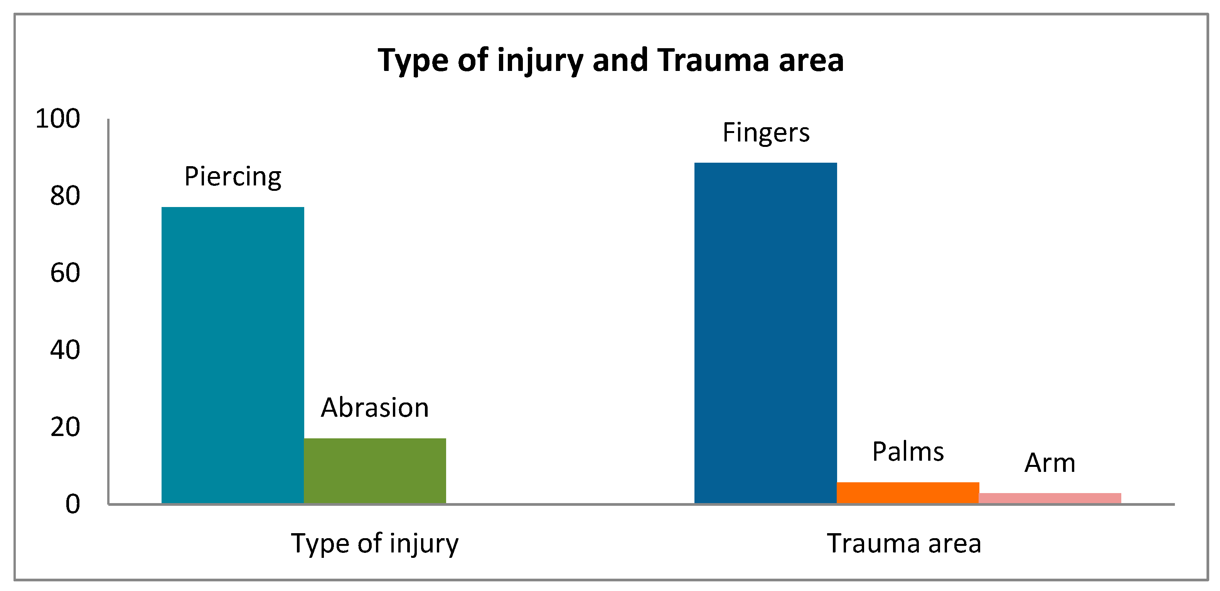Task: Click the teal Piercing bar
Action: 233,355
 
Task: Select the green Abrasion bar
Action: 375,471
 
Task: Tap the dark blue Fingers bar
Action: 765,333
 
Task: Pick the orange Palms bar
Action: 908,493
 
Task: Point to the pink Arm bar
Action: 1050,498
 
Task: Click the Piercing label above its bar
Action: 233,177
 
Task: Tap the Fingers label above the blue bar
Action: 766,133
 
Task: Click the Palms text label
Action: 908,451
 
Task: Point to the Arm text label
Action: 1050,463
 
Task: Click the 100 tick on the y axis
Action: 58,118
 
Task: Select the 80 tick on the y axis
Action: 65,195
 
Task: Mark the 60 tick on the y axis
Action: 65,273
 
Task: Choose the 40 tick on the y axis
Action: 65,350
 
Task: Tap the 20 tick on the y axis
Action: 65,427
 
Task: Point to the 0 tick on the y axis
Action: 72,504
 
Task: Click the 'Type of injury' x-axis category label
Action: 375,544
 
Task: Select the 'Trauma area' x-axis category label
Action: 904,543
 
